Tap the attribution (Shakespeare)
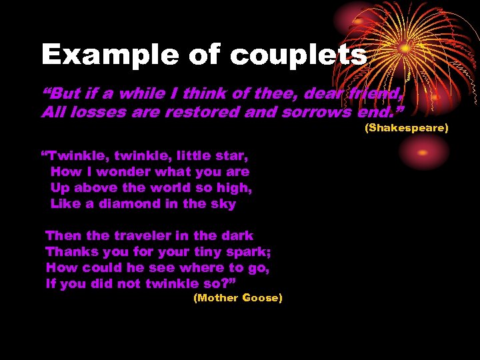(406, 127)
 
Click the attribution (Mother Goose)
(237, 298)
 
